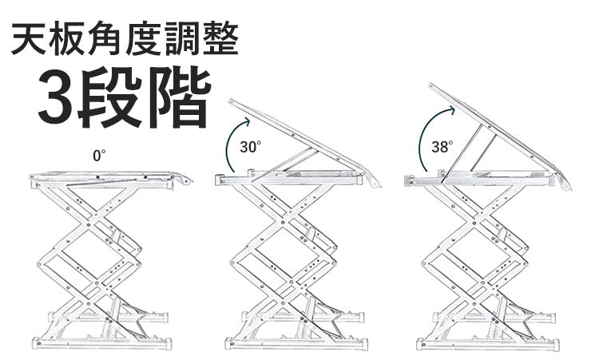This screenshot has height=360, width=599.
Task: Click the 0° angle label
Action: (x=99, y=156)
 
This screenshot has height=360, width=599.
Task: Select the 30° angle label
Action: (x=250, y=146)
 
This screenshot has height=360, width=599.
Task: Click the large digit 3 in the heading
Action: (x=56, y=99)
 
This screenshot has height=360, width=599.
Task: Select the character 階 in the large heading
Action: (x=183, y=99)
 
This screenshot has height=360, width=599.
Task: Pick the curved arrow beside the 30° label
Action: (x=229, y=144)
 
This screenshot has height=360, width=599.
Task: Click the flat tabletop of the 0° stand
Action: (x=104, y=175)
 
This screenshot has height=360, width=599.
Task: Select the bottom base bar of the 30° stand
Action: (x=296, y=344)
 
